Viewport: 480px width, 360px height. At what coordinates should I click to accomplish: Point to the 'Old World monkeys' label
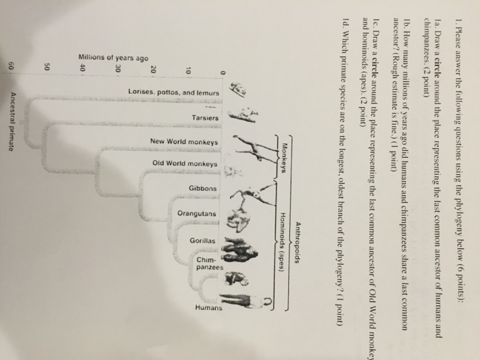pyautogui.click(x=185, y=165)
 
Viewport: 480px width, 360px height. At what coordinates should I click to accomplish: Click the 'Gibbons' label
pyautogui.click(x=202, y=188)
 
